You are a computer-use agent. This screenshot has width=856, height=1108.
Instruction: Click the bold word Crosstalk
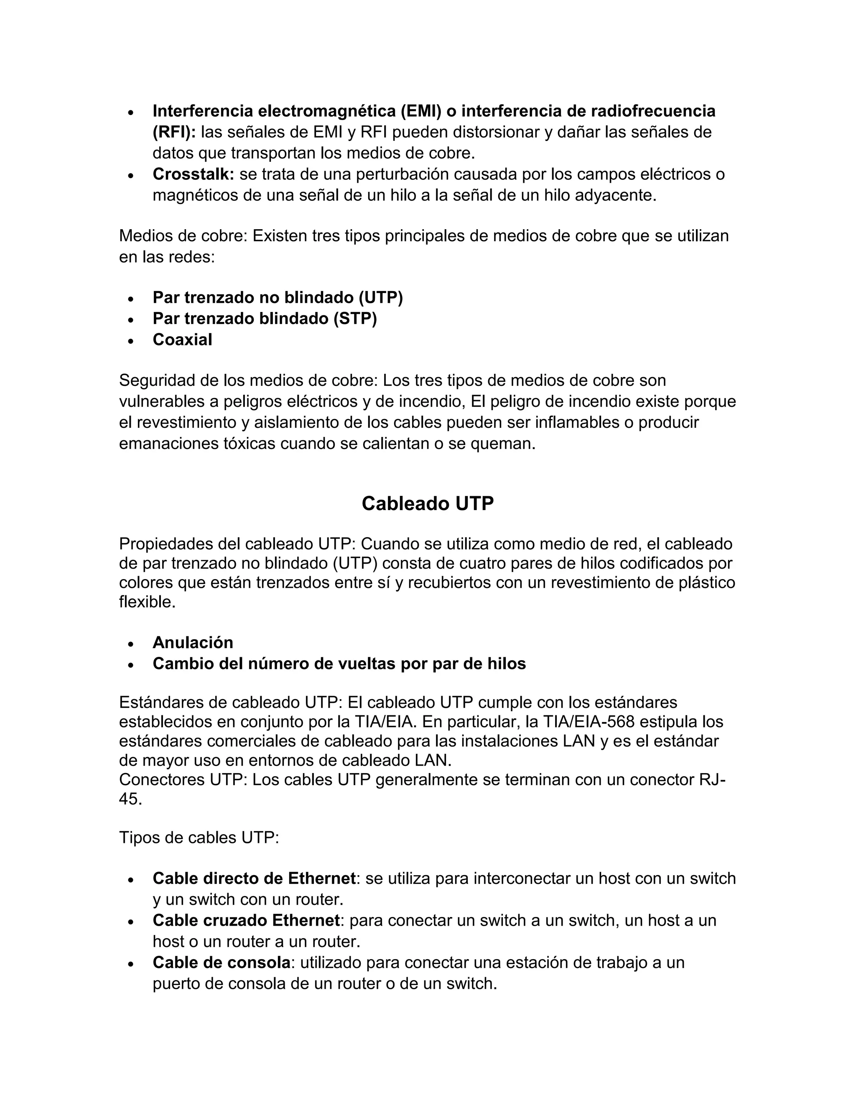pos(193,174)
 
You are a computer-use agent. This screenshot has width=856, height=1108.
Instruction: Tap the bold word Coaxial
pos(183,340)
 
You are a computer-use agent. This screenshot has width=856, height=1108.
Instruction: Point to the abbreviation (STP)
pos(355,319)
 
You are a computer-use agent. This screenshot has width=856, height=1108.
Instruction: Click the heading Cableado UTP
pos(428,504)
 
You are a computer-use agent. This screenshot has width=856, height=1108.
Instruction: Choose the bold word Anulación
pos(193,643)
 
